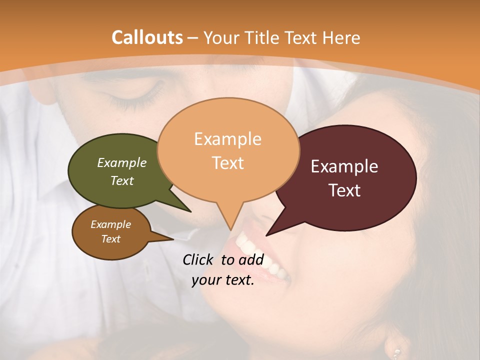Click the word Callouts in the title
[x=147, y=37]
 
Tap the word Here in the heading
[x=341, y=37]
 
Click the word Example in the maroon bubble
[x=344, y=166]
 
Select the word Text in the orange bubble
[x=228, y=163]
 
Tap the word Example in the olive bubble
[x=122, y=163]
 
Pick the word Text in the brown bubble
[x=111, y=239]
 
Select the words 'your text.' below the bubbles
[x=223, y=280]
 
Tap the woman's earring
[x=396, y=353]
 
